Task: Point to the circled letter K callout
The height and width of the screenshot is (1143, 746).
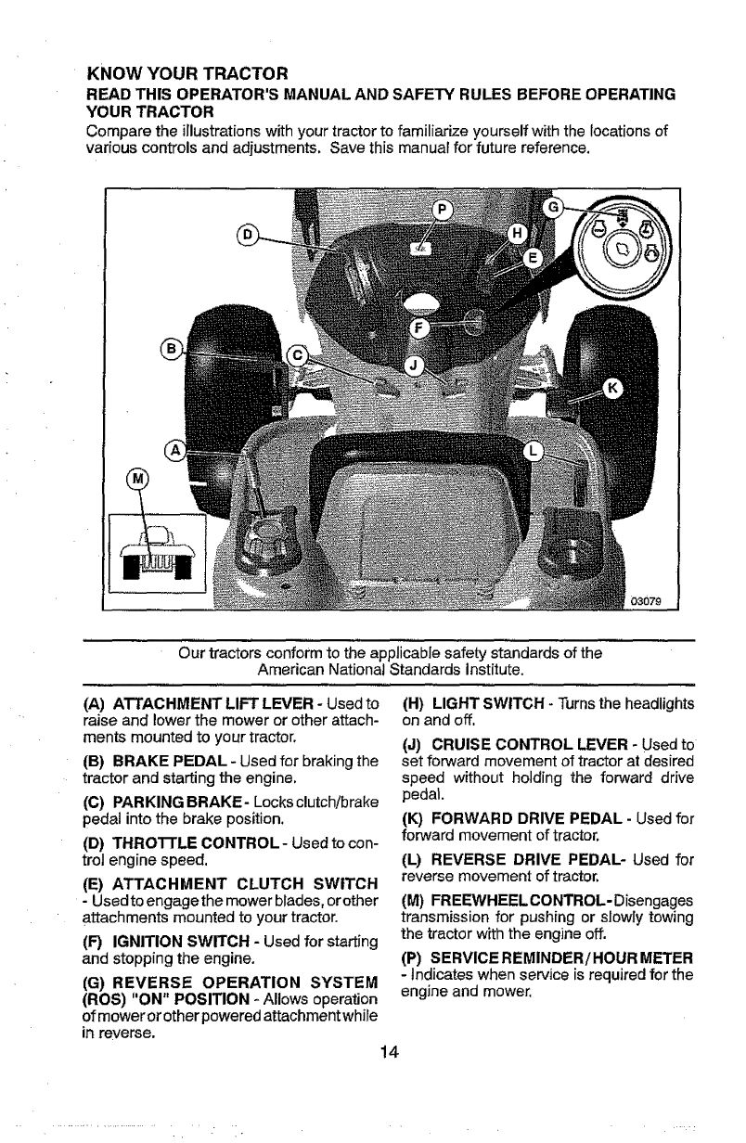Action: [x=613, y=389]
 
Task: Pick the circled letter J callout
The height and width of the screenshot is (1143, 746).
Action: [x=416, y=363]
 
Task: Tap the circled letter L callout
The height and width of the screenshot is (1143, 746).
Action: [x=533, y=450]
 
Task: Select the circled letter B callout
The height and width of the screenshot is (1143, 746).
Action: [x=171, y=349]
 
